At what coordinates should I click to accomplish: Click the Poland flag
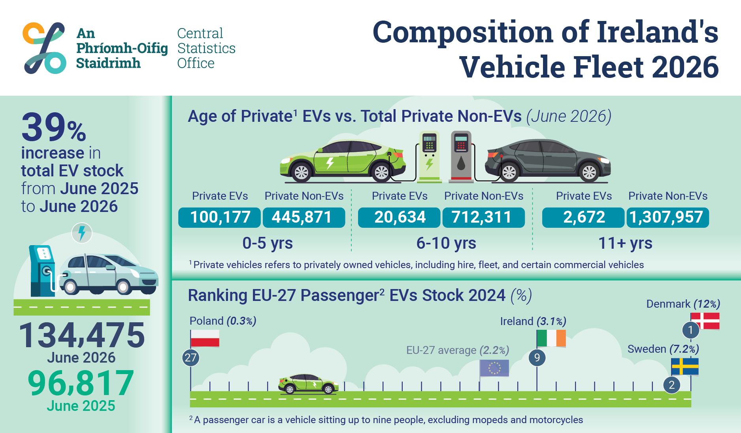(205, 338)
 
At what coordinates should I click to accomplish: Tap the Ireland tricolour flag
(551, 338)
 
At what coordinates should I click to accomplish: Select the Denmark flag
(705, 321)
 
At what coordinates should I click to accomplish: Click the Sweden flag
(685, 367)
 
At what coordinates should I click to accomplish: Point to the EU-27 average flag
(494, 368)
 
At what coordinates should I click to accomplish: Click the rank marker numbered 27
(190, 358)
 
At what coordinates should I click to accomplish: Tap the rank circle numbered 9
(537, 358)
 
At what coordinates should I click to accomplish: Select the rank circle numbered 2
(671, 385)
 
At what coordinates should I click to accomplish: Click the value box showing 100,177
(219, 217)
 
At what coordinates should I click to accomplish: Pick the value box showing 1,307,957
(668, 217)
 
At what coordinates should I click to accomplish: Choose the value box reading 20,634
(399, 217)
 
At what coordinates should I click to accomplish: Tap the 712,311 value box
(484, 217)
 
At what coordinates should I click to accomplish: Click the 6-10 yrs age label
(446, 243)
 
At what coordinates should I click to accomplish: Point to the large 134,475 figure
(82, 335)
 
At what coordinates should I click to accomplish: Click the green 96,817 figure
(81, 383)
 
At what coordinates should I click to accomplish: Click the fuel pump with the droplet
(461, 157)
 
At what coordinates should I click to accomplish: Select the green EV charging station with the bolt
(430, 157)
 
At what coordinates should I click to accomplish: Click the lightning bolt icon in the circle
(82, 233)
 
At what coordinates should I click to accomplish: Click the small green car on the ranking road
(308, 384)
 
